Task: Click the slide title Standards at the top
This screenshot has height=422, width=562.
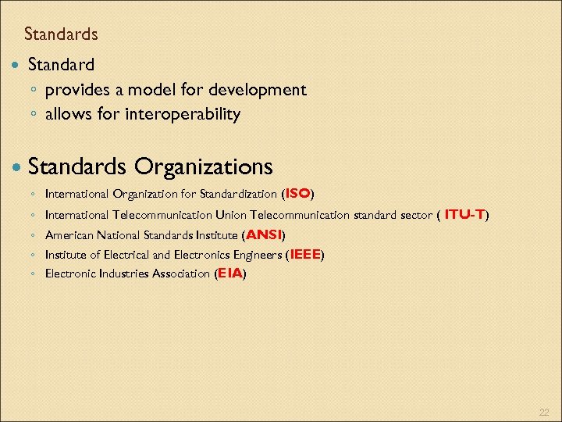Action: [61, 34]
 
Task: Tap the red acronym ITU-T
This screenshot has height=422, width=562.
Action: [465, 213]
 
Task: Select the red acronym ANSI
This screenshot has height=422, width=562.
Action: [263, 234]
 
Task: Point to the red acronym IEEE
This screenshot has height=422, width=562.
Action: [305, 254]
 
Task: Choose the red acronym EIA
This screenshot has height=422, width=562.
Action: [230, 274]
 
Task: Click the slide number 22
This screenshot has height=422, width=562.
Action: [544, 412]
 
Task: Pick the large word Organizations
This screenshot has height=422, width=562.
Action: [203, 166]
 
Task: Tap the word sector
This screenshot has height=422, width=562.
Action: [415, 214]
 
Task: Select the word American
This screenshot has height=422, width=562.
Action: [70, 234]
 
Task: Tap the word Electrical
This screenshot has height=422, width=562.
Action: [126, 255]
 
